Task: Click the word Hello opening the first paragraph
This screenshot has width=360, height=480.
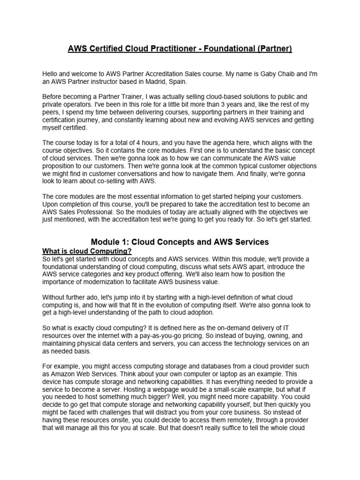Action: point(52,74)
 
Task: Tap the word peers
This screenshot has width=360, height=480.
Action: point(52,112)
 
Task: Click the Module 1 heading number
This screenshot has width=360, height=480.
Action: point(127,242)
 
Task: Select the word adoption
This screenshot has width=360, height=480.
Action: point(200,313)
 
